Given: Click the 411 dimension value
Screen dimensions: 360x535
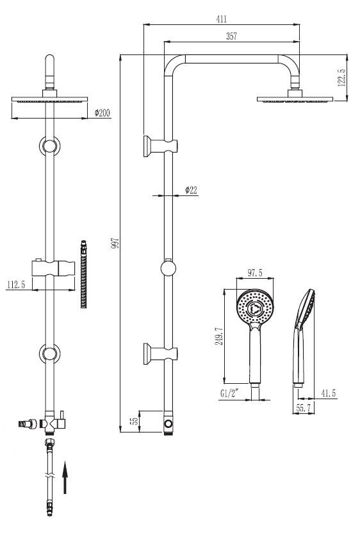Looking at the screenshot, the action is pos(222,19).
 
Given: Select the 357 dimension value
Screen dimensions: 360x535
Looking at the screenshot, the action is pos(231,36).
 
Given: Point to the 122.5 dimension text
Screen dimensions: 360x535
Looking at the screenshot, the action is pos(341,78).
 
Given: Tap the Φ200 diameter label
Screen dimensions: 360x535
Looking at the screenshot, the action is pos(102,113).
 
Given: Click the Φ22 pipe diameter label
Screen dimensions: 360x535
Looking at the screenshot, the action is pos(191,190).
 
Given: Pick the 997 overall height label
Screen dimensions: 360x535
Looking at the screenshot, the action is pos(115,243).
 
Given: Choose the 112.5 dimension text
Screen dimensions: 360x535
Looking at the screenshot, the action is pos(16,284).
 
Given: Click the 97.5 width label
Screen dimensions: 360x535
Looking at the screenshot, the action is pos(255,273).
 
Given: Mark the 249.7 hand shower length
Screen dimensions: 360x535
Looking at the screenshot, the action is pos(218,336).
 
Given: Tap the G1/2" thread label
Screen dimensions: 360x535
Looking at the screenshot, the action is pos(230,393).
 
